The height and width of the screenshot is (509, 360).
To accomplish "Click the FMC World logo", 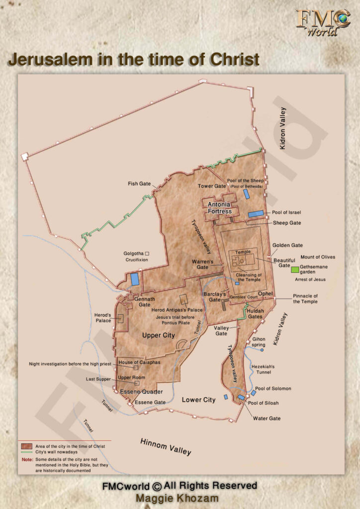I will (x=323, y=22).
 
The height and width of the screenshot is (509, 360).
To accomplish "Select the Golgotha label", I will (x=133, y=254).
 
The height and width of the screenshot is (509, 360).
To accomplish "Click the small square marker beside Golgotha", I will (x=147, y=254).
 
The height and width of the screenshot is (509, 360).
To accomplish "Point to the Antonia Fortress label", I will (x=219, y=208).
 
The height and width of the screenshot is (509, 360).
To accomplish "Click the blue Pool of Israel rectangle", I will (x=256, y=213).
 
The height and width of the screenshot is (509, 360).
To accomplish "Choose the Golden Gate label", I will (x=287, y=246).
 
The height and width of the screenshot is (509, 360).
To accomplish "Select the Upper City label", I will (x=159, y=336).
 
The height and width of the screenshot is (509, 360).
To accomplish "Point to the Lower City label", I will (x=198, y=400).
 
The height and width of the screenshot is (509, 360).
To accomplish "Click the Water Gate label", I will (x=267, y=419).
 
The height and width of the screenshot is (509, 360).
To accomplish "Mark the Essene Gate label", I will (x=150, y=402).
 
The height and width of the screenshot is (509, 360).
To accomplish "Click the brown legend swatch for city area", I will (x=27, y=446).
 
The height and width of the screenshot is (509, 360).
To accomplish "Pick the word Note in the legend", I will (x=27, y=459).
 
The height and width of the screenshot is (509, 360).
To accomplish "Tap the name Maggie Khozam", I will (x=180, y=498).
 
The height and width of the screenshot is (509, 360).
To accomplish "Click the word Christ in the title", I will (x=235, y=59).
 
